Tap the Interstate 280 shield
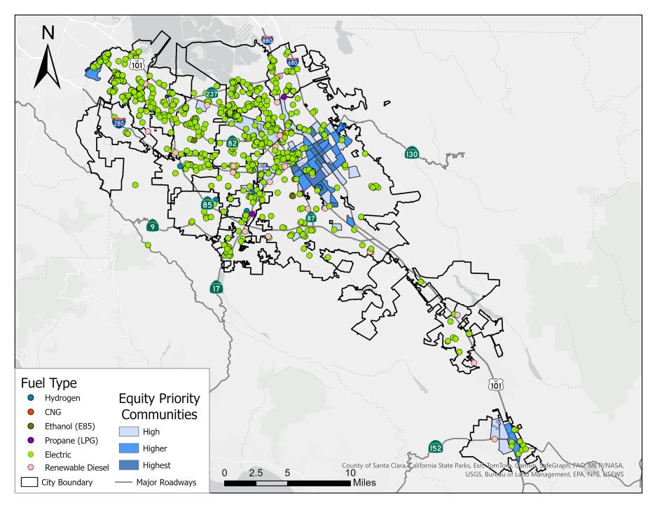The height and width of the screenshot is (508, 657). tap(120, 123)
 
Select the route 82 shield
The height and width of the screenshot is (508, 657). tap(232, 142)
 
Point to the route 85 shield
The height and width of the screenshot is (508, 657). tap(207, 205)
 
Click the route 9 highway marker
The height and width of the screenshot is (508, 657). tap(153, 225)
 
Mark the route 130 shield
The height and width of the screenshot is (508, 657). tap(412, 153)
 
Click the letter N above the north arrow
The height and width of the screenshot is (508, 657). tap(48, 32)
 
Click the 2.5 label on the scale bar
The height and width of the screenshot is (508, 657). tap(256, 472)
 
